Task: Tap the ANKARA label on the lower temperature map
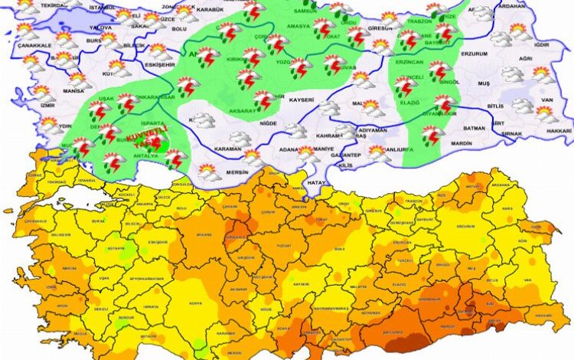(x=184, y=237)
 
